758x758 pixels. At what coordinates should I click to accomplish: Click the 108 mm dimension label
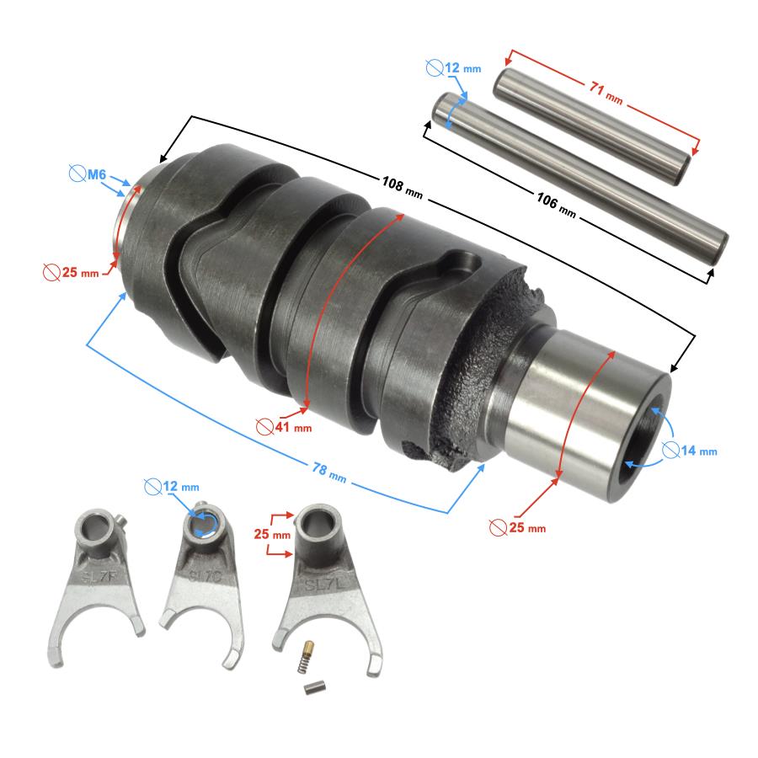[403, 188]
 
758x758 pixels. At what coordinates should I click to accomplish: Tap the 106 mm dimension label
[556, 205]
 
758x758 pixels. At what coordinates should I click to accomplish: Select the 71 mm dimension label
[606, 93]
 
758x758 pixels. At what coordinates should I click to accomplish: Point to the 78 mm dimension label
[329, 472]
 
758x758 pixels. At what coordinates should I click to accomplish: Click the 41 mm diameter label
[285, 427]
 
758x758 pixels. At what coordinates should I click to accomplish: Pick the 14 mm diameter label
[690, 451]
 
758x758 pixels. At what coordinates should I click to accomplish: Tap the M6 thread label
[88, 173]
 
